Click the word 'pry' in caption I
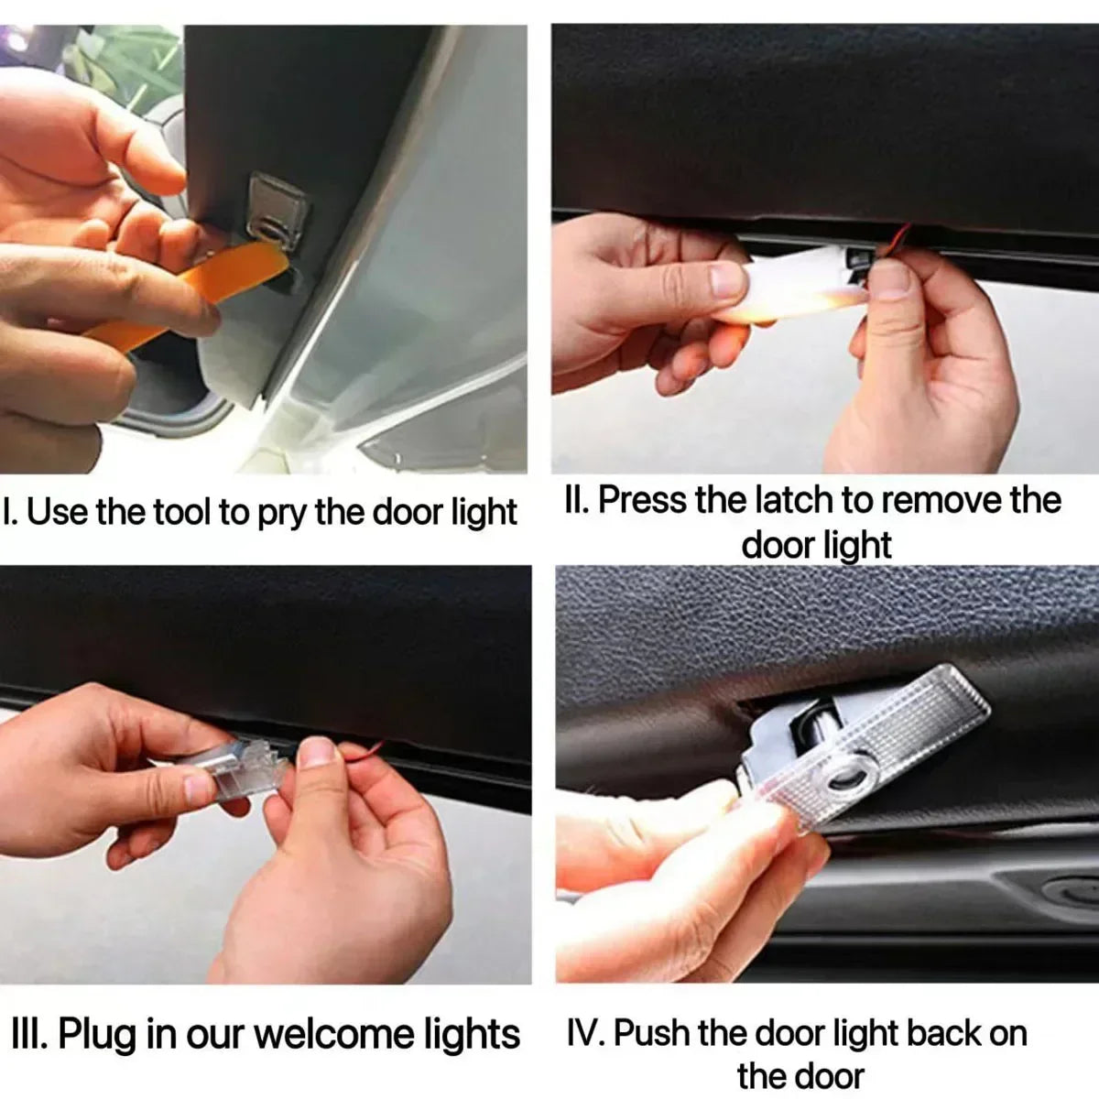[280, 511]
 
